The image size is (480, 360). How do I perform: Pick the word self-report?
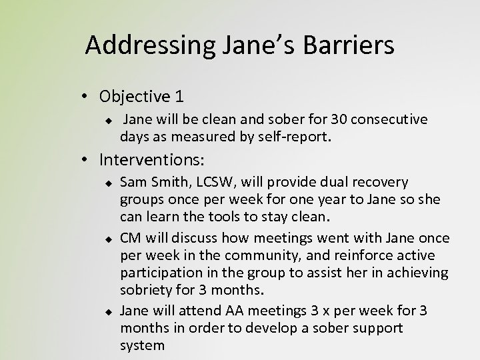click(291, 138)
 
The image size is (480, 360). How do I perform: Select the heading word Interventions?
click(153, 160)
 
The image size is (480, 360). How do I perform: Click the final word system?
click(142, 345)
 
